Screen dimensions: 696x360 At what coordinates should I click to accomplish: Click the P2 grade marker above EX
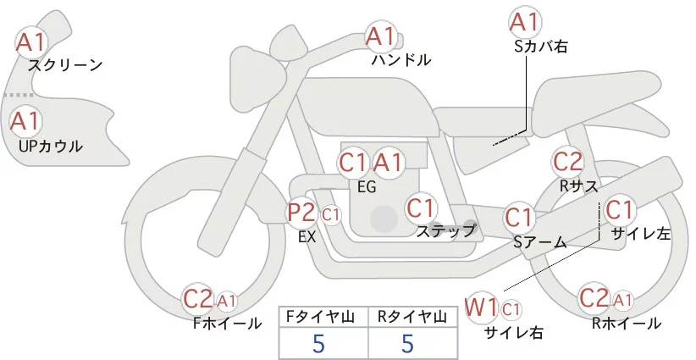click(301, 213)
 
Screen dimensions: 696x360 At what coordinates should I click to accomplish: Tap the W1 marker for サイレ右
click(481, 307)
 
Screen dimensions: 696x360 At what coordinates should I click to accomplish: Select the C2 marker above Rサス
click(567, 162)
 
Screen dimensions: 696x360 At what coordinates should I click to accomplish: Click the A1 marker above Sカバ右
click(525, 21)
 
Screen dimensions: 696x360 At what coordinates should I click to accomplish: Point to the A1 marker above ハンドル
click(380, 36)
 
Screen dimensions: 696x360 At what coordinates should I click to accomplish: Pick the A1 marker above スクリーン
click(30, 42)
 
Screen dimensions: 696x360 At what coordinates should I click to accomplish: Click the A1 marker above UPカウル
click(25, 121)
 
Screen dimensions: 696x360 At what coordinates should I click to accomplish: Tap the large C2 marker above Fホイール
click(198, 299)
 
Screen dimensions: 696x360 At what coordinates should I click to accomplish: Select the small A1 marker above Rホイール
click(623, 301)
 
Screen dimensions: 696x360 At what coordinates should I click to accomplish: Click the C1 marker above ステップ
click(421, 208)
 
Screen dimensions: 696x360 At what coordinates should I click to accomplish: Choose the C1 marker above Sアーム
click(518, 217)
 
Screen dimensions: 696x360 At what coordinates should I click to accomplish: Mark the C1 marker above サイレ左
click(619, 209)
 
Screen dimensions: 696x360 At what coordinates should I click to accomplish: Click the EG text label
click(367, 187)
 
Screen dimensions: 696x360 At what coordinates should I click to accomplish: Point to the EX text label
click(307, 237)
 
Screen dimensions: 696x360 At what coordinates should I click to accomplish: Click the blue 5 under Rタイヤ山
click(407, 343)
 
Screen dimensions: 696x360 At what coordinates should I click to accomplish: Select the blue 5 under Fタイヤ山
click(318, 343)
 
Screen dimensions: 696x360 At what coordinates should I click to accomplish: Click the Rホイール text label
click(627, 324)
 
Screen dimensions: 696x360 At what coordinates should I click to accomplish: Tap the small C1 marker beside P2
click(331, 215)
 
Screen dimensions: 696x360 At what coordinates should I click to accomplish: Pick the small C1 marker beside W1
click(511, 309)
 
